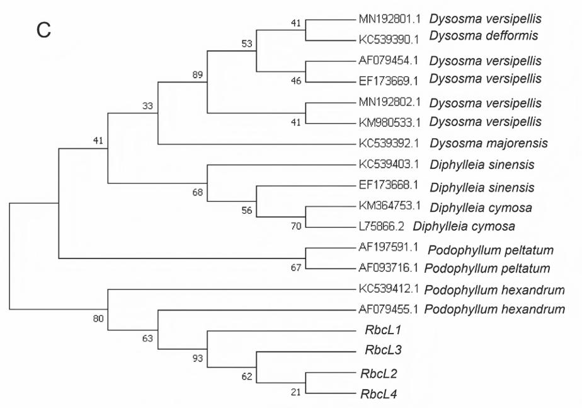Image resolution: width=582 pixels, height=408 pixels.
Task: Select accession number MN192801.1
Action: coord(390,19)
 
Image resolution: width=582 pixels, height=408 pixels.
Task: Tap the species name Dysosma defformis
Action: coord(484,36)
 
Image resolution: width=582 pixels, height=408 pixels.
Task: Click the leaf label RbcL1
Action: coord(379,329)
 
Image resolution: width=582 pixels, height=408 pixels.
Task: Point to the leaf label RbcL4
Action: coord(377,395)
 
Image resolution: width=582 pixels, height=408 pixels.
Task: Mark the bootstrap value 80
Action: coord(98,318)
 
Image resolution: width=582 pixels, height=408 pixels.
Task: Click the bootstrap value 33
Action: coord(148,106)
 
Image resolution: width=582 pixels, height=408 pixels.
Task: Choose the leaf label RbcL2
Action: coord(377,373)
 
